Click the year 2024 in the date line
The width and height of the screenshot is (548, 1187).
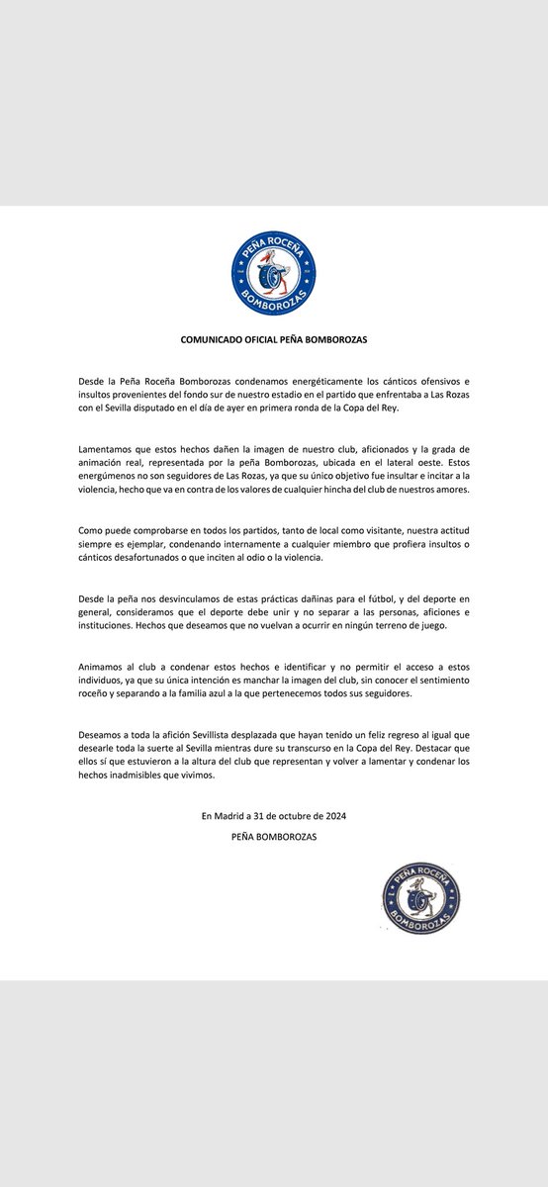pyautogui.click(x=332, y=816)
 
